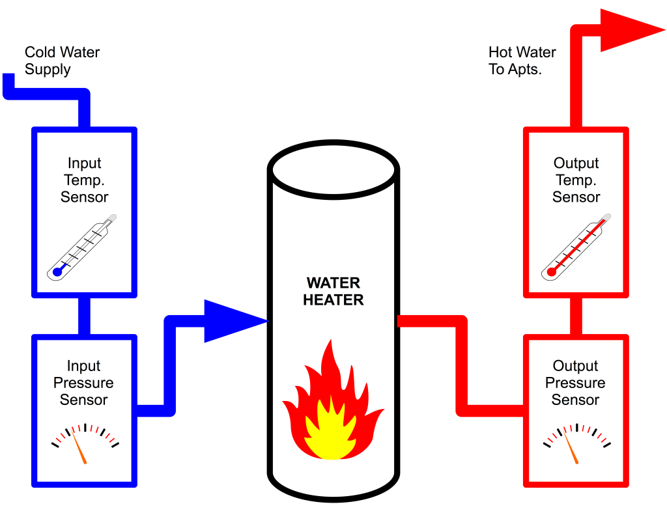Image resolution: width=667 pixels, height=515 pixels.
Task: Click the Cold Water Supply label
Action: click(x=62, y=61)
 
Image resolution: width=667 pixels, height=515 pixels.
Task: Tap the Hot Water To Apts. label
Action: click(x=522, y=61)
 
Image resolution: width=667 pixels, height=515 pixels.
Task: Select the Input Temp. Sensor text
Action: click(x=84, y=180)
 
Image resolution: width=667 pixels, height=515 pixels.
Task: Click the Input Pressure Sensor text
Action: click(x=83, y=383)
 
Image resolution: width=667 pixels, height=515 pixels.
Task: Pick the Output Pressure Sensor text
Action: click(x=575, y=383)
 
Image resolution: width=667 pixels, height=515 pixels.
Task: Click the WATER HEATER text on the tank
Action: click(x=333, y=291)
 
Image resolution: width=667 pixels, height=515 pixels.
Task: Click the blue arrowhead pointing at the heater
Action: click(x=231, y=321)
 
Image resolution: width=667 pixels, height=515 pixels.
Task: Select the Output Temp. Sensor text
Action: click(x=576, y=180)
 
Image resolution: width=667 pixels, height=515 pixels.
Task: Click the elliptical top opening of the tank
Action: click(x=333, y=167)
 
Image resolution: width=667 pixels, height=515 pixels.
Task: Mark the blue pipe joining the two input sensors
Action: click(x=84, y=316)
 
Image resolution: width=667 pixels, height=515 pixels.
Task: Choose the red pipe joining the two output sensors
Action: click(x=576, y=316)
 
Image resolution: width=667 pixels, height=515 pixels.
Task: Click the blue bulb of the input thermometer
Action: click(x=57, y=272)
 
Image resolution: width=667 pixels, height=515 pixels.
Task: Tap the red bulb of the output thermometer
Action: click(x=551, y=272)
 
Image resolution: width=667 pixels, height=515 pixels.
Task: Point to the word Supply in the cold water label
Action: click(x=48, y=69)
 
